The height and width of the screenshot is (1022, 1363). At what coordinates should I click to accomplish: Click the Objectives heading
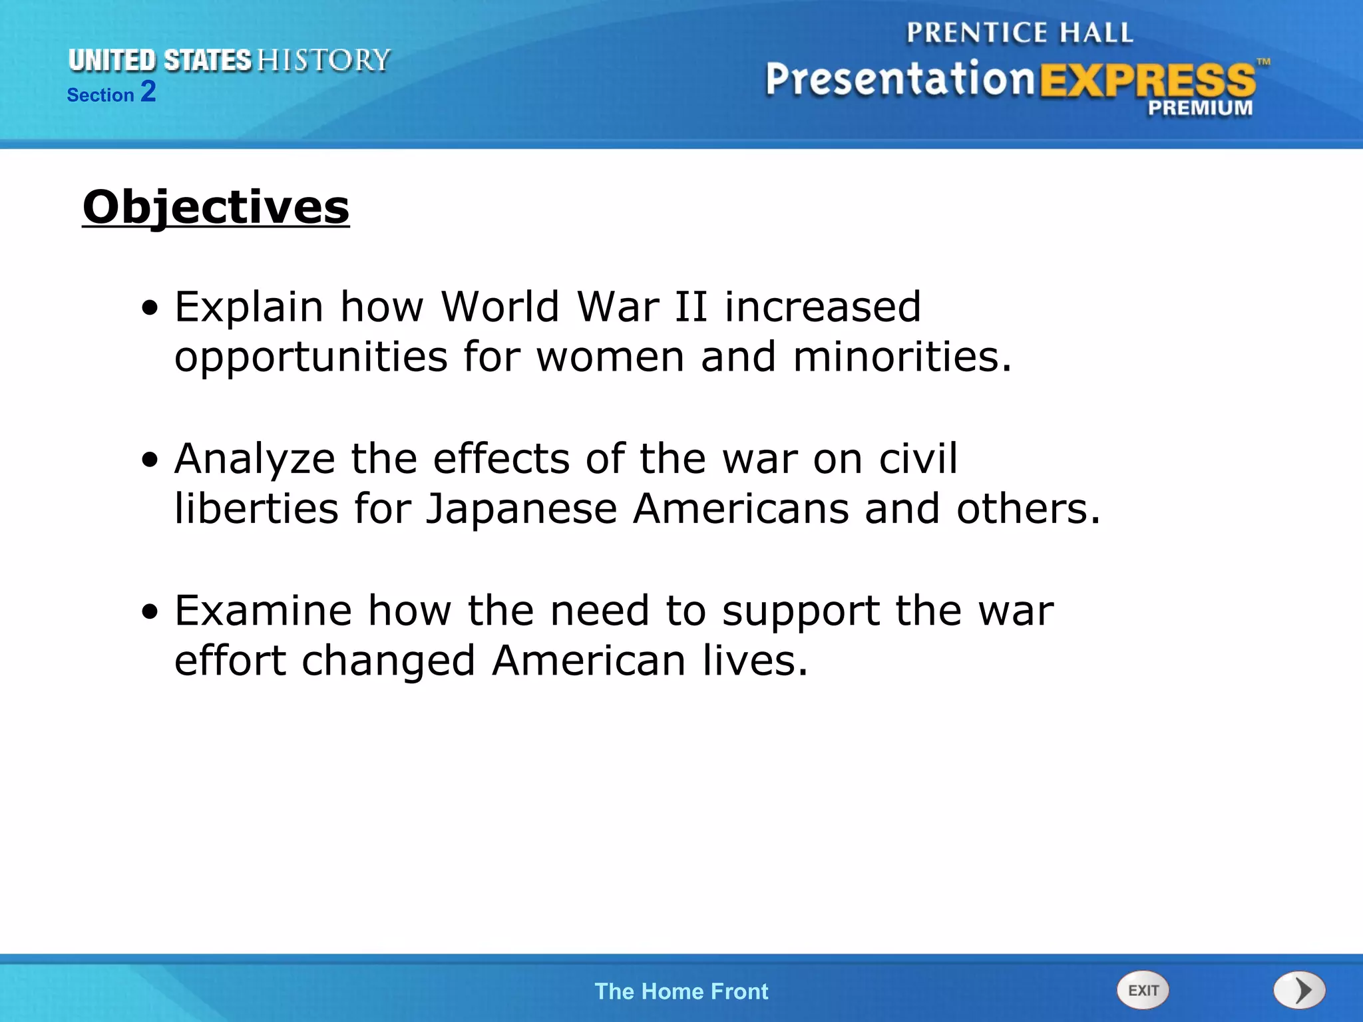pos(216,207)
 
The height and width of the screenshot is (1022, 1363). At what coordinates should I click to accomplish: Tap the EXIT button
pos(1143,990)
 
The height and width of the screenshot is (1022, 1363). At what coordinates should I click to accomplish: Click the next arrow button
pos(1299,990)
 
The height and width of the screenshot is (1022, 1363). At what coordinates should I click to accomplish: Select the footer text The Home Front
pos(681,991)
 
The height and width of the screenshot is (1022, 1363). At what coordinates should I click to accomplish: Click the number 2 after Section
pos(148,91)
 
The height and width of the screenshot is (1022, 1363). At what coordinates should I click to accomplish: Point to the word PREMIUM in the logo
pos(1200,108)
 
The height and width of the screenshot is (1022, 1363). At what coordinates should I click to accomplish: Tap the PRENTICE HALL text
pos(1019,33)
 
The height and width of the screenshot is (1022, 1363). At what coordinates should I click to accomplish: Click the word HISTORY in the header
pos(323,61)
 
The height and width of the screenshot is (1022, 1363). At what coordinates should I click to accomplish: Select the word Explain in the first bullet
pos(249,307)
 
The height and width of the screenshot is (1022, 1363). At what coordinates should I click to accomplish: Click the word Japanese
pos(521,509)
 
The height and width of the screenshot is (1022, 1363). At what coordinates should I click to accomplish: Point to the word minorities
pos(902,357)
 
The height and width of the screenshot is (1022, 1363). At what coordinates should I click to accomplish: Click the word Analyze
pos(254,459)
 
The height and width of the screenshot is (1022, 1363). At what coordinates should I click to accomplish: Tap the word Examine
pos(263,611)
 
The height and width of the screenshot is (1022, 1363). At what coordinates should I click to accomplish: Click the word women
pos(610,357)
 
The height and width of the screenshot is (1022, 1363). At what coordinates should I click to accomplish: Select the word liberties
pos(256,509)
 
